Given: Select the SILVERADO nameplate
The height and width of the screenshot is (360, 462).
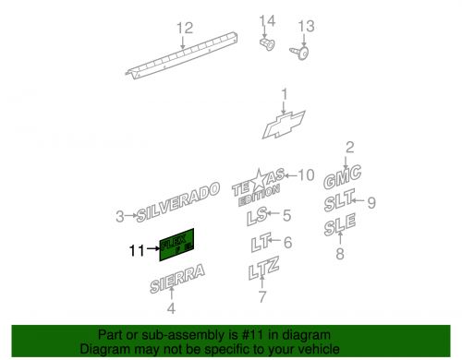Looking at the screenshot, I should (x=179, y=202).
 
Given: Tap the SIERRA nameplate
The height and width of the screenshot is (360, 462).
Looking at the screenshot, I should (x=177, y=277).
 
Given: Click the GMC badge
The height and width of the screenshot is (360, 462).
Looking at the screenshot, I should (x=342, y=174).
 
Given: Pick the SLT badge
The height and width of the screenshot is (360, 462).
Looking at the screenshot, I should (x=341, y=201).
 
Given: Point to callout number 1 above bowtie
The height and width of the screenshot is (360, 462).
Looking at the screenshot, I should (x=285, y=92).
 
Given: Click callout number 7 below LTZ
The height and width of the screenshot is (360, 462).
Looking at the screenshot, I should (x=261, y=296).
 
